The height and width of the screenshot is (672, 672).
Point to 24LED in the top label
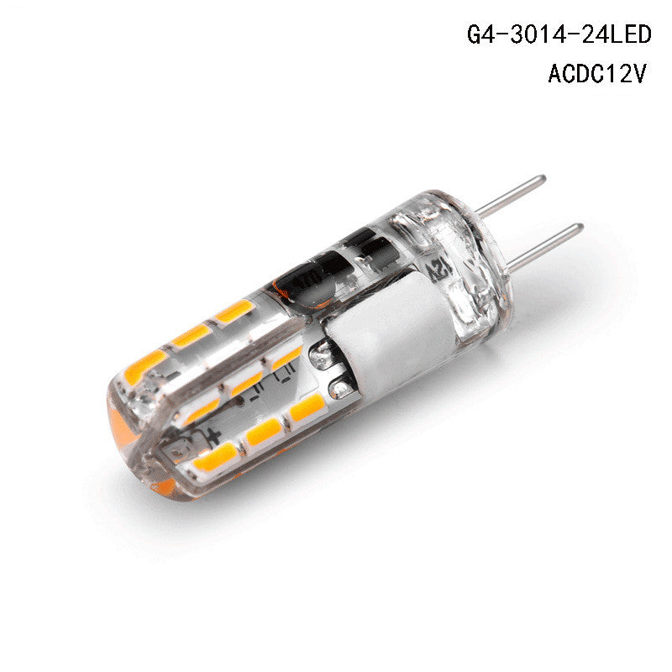tap(617, 34)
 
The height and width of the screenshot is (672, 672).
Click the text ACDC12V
tap(597, 73)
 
